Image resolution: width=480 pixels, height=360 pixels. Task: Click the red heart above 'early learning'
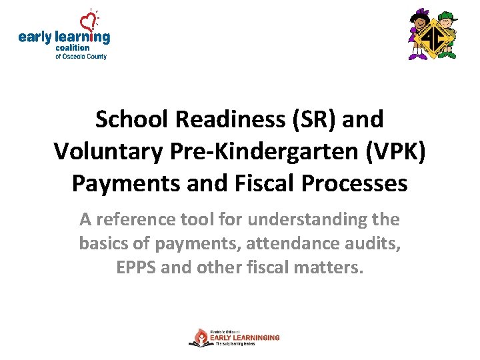pyautogui.click(x=88, y=19)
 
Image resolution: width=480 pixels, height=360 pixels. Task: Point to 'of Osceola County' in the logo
pyautogui.click(x=81, y=57)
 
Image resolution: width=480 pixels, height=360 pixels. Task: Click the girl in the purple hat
pyautogui.click(x=418, y=35)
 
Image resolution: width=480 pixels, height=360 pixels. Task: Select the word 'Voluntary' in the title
pyautogui.click(x=107, y=151)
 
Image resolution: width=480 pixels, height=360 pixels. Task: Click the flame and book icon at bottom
pyautogui.click(x=199, y=338)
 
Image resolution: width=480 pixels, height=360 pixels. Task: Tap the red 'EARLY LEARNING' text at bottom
pyautogui.click(x=245, y=338)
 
